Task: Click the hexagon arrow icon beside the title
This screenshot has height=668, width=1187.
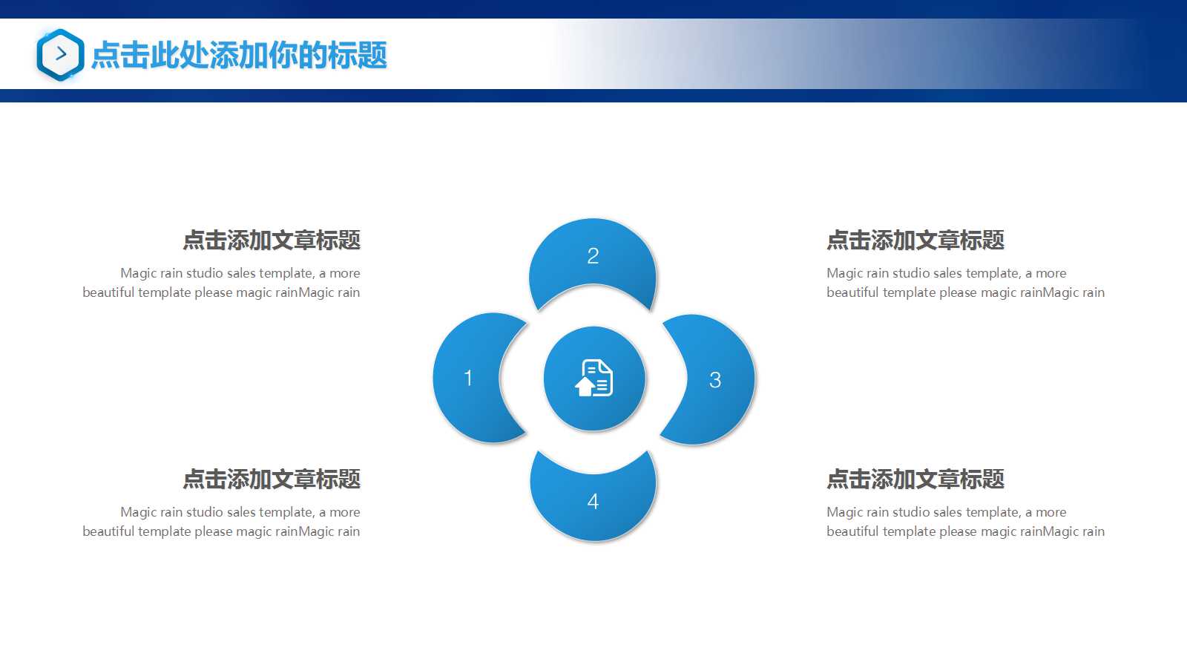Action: pyautogui.click(x=60, y=54)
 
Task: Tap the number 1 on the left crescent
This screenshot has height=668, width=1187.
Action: pyautogui.click(x=468, y=378)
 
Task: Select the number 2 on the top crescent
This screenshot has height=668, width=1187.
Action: pyautogui.click(x=593, y=256)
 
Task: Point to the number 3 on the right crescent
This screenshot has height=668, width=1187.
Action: pyautogui.click(x=715, y=380)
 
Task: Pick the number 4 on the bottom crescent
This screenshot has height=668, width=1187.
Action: pyautogui.click(x=593, y=502)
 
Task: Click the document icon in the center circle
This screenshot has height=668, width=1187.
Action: pyautogui.click(x=593, y=378)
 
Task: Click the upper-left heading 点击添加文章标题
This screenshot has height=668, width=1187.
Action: pyautogui.click(x=272, y=240)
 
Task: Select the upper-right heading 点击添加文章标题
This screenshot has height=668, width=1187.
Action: pyautogui.click(x=915, y=240)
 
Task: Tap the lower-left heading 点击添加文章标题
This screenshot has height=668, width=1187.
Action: pyautogui.click(x=272, y=479)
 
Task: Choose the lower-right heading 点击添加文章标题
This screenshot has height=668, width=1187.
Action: pyautogui.click(x=915, y=479)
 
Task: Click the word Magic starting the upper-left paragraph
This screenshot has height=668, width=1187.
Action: pyautogui.click(x=138, y=273)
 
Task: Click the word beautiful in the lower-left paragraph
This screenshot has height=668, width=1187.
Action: pyautogui.click(x=108, y=531)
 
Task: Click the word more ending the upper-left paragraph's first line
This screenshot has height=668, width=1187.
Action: pyautogui.click(x=345, y=273)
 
